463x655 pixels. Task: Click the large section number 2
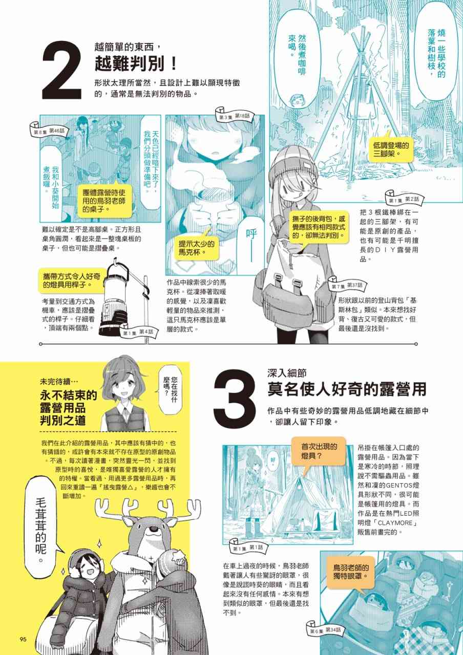pos(62,70)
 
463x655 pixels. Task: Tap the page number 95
pos(23,639)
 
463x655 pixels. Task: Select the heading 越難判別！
pos(135,64)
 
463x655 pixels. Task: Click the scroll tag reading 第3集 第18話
pos(234,116)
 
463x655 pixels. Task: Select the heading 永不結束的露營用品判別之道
pos(69,407)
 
